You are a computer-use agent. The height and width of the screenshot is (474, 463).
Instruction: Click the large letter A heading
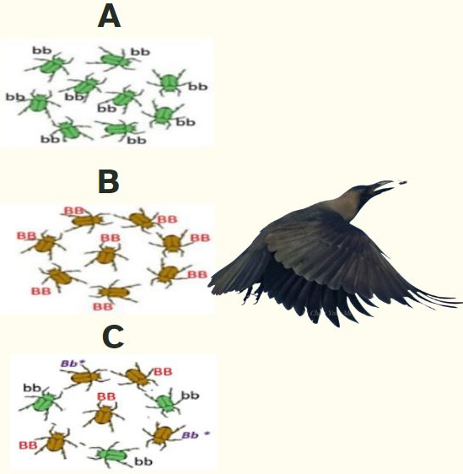click(x=109, y=17)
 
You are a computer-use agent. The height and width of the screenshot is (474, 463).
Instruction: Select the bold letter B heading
click(x=109, y=181)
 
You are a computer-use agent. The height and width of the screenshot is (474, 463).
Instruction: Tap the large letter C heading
click(x=113, y=337)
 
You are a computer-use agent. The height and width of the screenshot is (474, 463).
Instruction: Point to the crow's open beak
click(x=383, y=186)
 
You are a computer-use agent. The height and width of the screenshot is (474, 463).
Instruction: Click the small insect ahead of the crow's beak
click(x=402, y=182)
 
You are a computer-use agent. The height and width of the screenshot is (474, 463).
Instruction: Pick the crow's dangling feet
click(x=253, y=294)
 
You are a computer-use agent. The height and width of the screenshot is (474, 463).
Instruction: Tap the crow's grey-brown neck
click(x=347, y=202)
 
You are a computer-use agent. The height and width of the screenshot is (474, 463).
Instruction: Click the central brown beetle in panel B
click(x=105, y=256)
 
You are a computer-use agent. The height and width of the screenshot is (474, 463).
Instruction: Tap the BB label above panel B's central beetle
click(x=110, y=238)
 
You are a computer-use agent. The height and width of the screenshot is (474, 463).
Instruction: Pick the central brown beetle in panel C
click(x=105, y=415)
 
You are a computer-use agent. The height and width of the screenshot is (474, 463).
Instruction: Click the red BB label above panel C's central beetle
click(x=106, y=396)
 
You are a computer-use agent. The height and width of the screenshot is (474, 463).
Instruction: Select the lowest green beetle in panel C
click(x=112, y=455)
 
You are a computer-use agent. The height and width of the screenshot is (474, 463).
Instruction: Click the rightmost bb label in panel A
click(x=198, y=87)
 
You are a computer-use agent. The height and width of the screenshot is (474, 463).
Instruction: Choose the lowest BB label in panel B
click(x=103, y=307)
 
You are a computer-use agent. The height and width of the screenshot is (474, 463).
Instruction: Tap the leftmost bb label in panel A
click(x=15, y=97)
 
